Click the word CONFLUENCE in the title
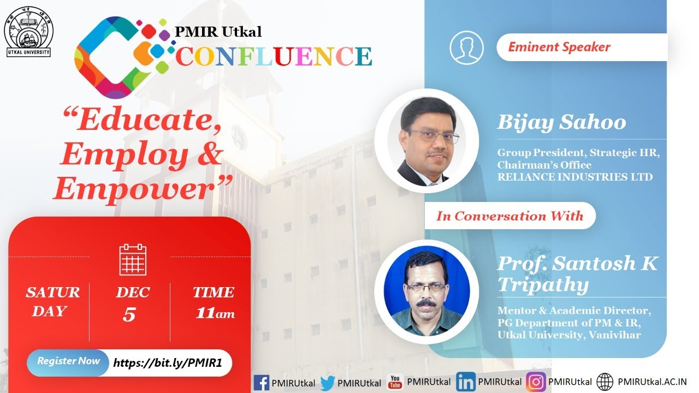pos(274,56)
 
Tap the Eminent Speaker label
pos(559,47)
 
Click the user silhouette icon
pos(466,47)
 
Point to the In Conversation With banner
pos(510,216)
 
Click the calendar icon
pos(133,260)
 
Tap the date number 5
pos(129,315)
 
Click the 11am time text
pos(215,313)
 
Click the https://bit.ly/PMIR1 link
pos(167,363)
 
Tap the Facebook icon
pos(262,382)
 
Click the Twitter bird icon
pos(328,383)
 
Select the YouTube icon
pos(394,382)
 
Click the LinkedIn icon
pos(465,382)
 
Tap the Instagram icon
pos(536,382)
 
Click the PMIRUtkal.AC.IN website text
pos(651,382)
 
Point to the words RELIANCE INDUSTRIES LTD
pos(574,177)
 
